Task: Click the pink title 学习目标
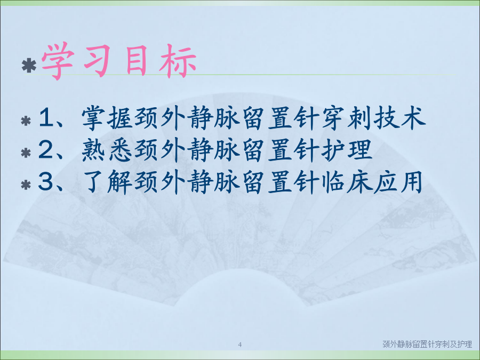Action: [x=119, y=61]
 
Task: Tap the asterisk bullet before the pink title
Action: [x=29, y=66]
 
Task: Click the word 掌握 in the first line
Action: [x=107, y=118]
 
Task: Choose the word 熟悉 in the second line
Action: [x=107, y=150]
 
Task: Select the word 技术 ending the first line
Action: [x=399, y=118]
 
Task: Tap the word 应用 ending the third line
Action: [x=398, y=181]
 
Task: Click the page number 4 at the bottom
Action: [x=239, y=345]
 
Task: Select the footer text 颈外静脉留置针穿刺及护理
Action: [x=427, y=344]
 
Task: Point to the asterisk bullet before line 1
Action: [x=26, y=121]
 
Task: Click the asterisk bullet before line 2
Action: [x=26, y=153]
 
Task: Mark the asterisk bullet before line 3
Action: [x=26, y=185]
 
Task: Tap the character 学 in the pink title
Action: [x=58, y=61]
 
